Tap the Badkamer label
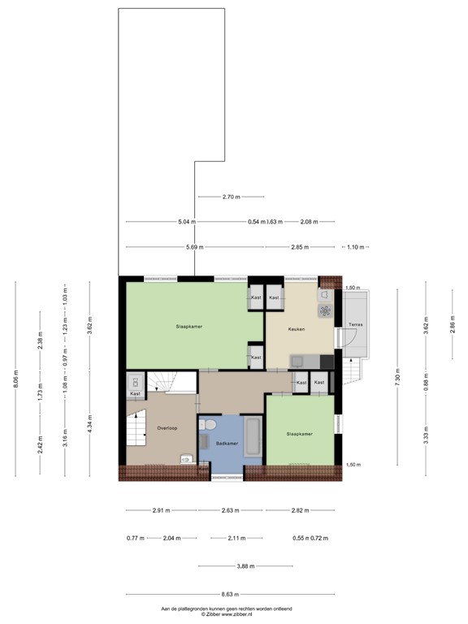pos(226,442)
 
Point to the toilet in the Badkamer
pos(209,426)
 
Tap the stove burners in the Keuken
pos(325,310)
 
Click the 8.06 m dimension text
pos(15,379)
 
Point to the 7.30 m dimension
pos(397,379)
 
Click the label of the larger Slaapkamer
pos(188,327)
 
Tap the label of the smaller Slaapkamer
pos(299,434)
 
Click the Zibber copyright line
pos(233,615)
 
